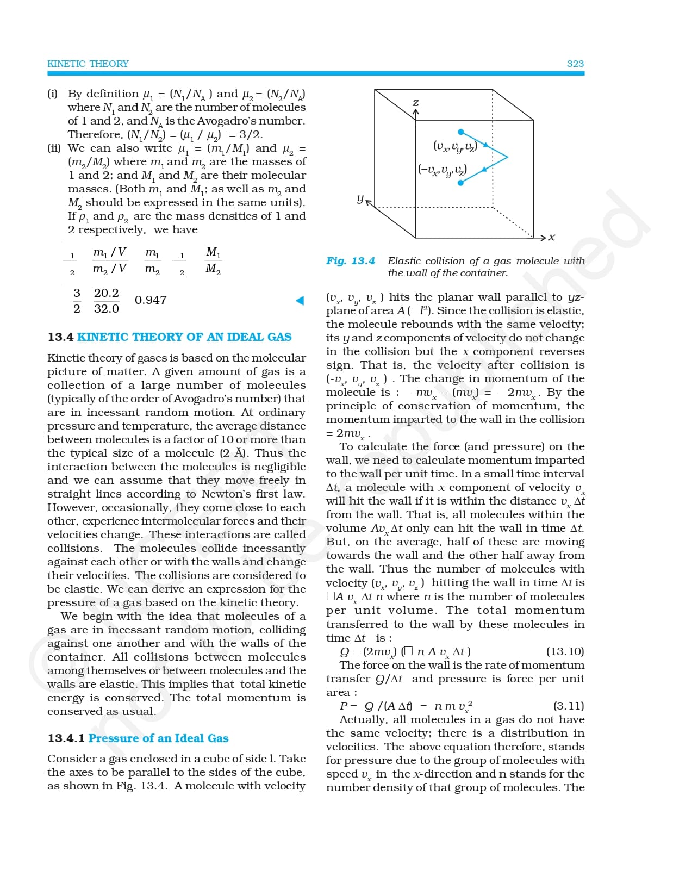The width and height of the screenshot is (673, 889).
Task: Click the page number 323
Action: click(x=575, y=64)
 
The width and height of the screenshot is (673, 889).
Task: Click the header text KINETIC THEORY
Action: click(x=88, y=64)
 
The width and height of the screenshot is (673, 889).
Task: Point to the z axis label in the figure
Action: click(x=415, y=102)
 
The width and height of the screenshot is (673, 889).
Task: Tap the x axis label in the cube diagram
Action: click(x=552, y=237)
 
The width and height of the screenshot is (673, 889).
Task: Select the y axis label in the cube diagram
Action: click(x=360, y=199)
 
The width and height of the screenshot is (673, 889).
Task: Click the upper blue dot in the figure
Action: click(x=461, y=132)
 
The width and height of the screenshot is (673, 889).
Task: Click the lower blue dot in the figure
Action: click(x=461, y=183)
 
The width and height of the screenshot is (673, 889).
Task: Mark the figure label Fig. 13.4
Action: click(x=351, y=261)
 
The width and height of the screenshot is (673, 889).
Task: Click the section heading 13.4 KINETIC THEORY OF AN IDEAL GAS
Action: click(x=170, y=337)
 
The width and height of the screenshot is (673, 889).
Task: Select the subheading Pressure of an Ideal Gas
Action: click(x=158, y=738)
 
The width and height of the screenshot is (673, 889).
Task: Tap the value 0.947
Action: click(x=151, y=300)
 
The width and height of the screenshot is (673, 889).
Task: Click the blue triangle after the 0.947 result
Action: click(x=300, y=300)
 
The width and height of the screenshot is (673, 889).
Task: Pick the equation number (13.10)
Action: click(x=565, y=651)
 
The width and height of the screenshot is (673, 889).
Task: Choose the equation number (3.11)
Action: click(x=569, y=706)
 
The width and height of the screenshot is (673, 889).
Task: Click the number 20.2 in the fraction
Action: click(x=107, y=293)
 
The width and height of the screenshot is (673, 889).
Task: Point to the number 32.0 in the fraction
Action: click(x=107, y=309)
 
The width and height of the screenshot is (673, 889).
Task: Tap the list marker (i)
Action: click(x=52, y=94)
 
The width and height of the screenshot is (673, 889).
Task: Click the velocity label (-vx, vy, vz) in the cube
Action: click(x=443, y=170)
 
